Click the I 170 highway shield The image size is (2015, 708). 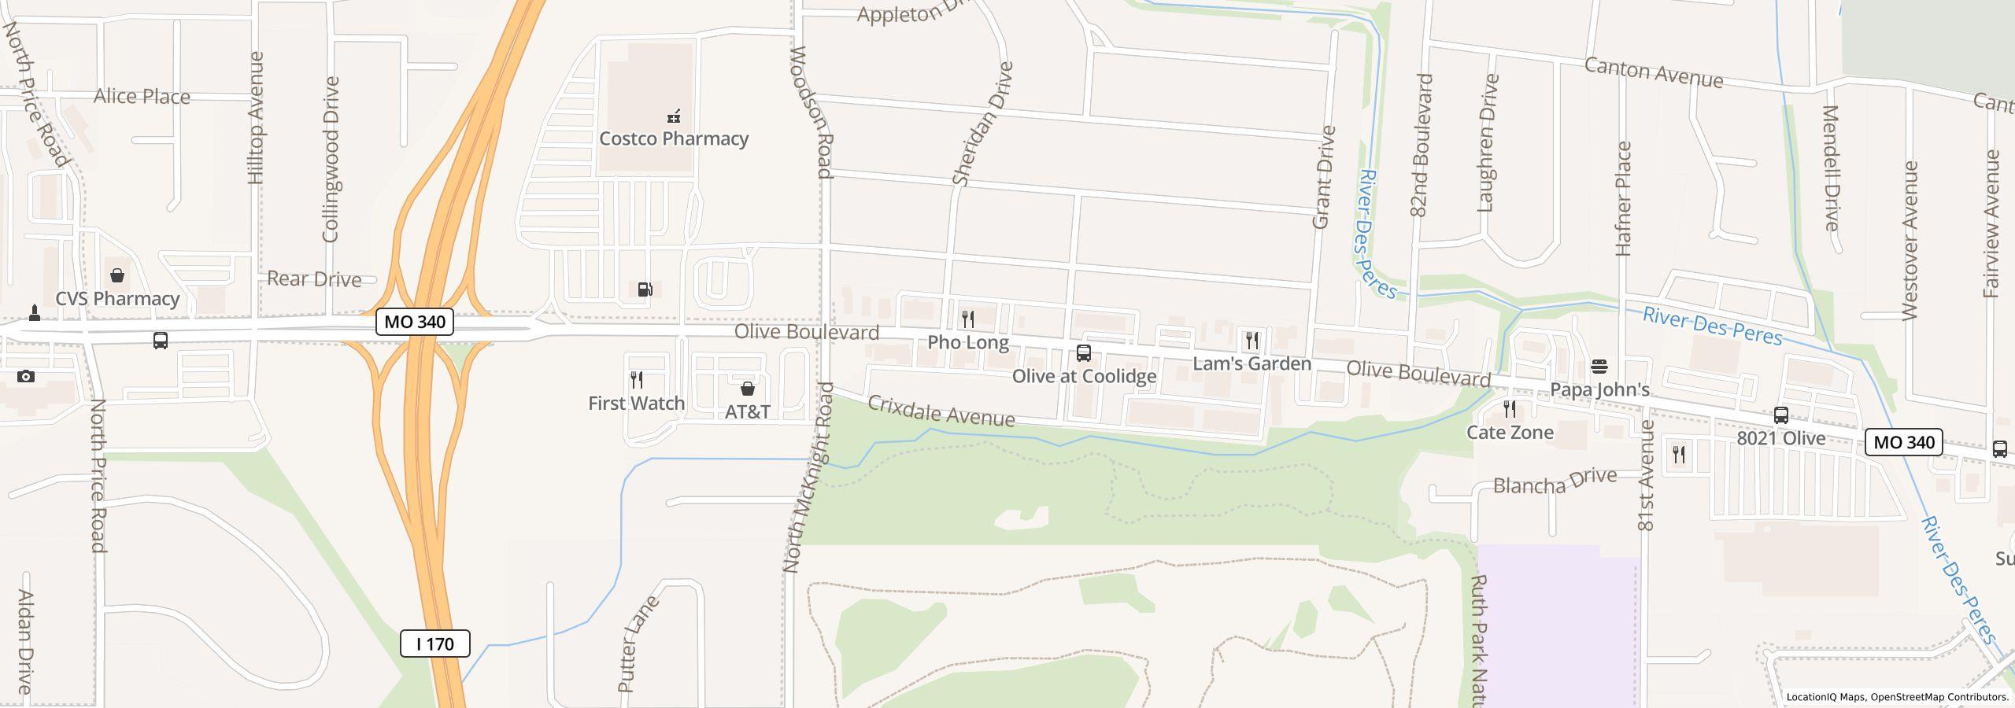pos(434,643)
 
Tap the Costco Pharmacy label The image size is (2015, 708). pos(674,138)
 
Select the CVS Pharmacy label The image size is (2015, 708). pos(117,299)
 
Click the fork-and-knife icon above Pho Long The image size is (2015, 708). pos(968,319)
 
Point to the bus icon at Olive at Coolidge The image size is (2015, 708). pos(1084,353)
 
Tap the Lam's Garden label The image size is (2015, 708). pos(1252,363)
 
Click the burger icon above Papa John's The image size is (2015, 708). pos(1599,367)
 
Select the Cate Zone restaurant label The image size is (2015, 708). pos(1510,432)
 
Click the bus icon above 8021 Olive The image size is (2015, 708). pos(1780,415)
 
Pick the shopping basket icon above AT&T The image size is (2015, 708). pos(748,389)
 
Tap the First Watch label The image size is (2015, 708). pos(636,403)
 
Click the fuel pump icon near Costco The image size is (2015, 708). pos(645,289)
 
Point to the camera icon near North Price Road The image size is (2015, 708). pos(26,377)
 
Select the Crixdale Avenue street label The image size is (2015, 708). pos(941,411)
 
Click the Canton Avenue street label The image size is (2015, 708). pos(1653,73)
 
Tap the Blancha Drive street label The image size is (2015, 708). pos(1555,481)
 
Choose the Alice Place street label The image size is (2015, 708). pos(142,97)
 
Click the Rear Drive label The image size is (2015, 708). pos(314,279)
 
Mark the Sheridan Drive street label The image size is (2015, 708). pos(982,124)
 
